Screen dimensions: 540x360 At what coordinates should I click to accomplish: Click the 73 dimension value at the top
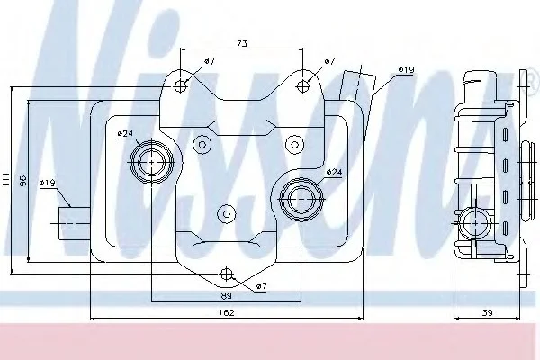(242, 44)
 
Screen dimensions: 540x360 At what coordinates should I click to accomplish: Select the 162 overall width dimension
(226, 312)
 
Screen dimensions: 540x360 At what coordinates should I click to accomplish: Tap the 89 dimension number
(226, 295)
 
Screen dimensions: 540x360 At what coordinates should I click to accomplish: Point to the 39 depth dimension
(487, 312)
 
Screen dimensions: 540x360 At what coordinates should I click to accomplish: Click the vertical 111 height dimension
(6, 180)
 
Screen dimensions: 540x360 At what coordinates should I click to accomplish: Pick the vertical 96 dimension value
(22, 181)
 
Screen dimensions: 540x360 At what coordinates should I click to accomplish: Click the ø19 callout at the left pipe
(47, 183)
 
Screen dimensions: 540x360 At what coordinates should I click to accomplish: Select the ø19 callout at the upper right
(406, 69)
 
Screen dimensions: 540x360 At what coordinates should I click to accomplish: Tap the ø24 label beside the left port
(125, 133)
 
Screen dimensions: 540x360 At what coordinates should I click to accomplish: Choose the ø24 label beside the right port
(334, 172)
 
